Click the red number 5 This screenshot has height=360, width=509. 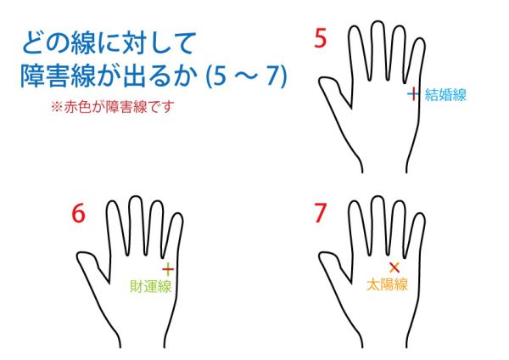click(x=320, y=38)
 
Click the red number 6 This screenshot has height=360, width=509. click(x=78, y=213)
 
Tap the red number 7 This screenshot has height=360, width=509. click(x=320, y=213)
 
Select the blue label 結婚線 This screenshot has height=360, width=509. click(x=445, y=95)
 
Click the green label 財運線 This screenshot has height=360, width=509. click(x=150, y=286)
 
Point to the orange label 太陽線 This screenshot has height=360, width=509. click(x=387, y=284)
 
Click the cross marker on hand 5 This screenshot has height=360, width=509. click(x=413, y=94)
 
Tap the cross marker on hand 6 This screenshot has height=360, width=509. click(x=168, y=269)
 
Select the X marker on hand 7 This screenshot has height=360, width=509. click(x=394, y=267)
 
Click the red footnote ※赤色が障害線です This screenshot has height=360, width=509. click(x=112, y=107)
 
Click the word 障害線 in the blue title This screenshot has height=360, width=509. click(x=58, y=76)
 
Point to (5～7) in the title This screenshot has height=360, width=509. click(x=247, y=76)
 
